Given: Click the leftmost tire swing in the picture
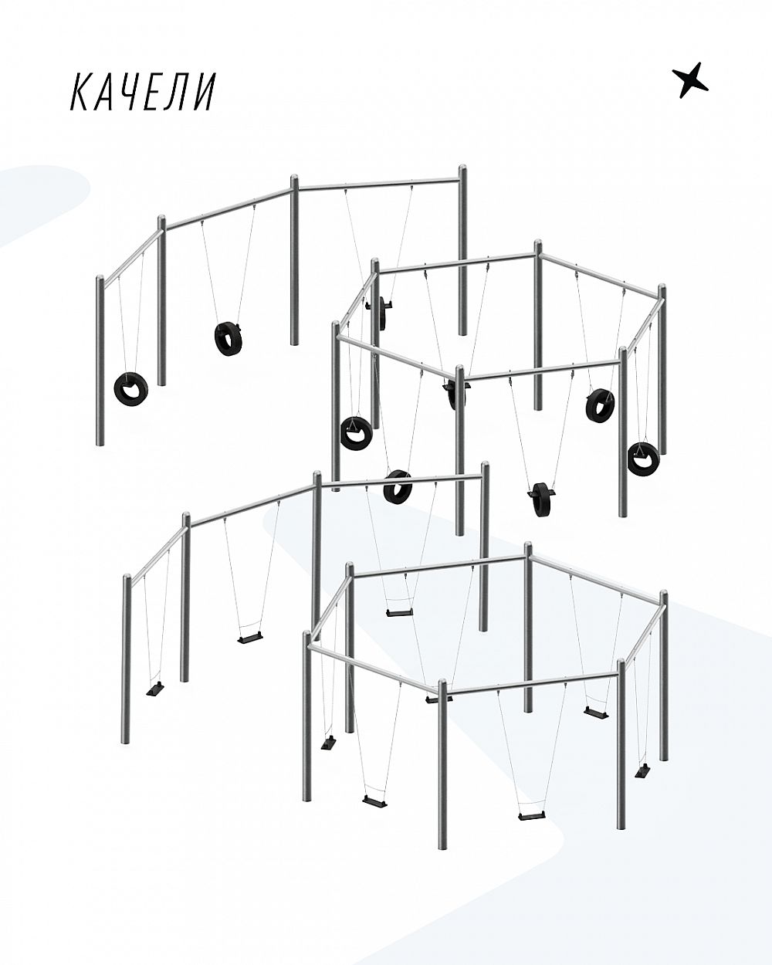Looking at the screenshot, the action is (x=130, y=388).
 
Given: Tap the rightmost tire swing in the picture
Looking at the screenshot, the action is (x=643, y=458).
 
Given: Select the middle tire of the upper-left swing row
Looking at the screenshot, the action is (x=228, y=338).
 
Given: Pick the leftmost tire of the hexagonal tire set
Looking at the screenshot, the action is (x=356, y=433).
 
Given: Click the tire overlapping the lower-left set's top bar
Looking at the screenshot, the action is (x=398, y=486).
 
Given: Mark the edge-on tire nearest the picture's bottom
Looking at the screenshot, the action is (x=542, y=499).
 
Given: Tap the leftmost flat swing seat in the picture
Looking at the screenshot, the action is (x=155, y=689).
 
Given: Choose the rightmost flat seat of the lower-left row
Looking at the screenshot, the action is (x=399, y=612).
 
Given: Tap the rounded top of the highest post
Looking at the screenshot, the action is (x=462, y=170).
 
